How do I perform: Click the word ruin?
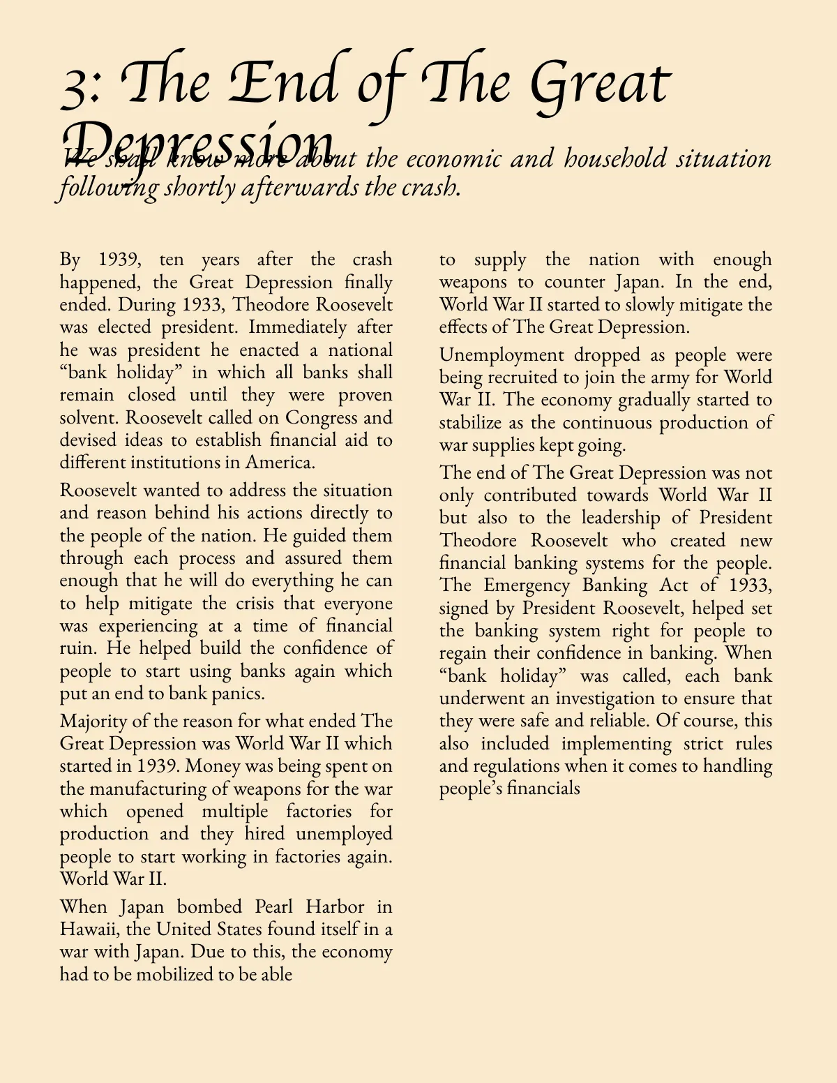pos(77,648)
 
